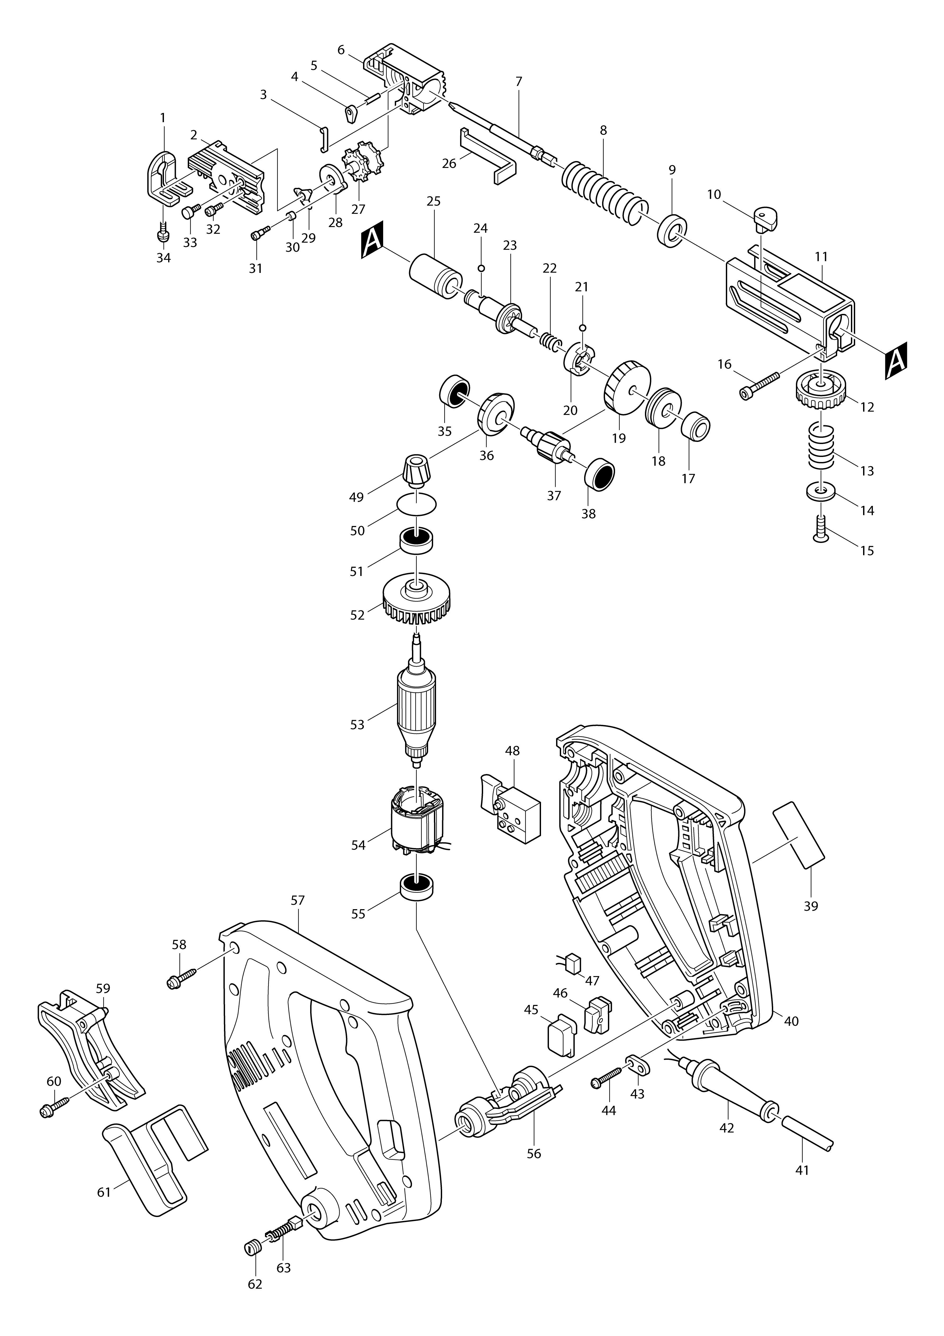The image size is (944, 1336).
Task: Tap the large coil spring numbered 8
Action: [604, 189]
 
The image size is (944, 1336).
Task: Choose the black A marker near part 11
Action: [896, 361]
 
